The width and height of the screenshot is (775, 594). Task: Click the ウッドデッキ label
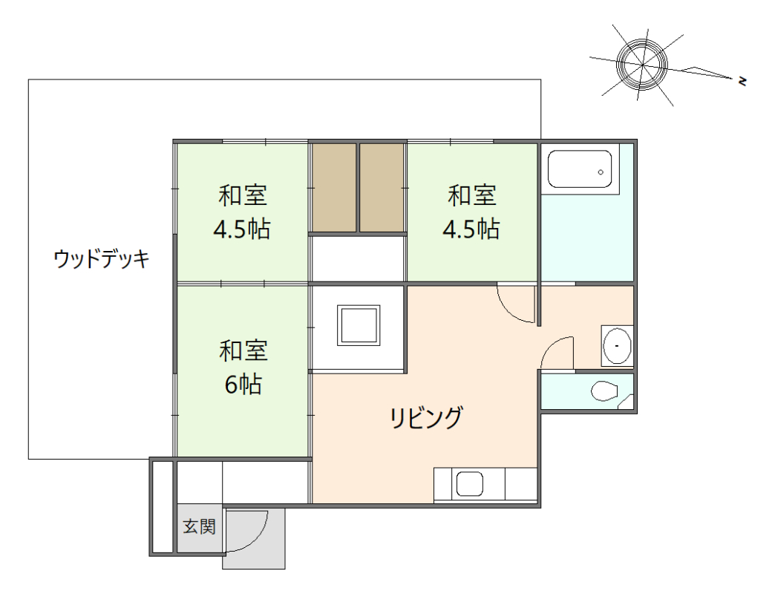(102, 259)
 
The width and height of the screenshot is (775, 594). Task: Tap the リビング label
(426, 419)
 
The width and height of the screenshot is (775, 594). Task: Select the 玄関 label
(199, 527)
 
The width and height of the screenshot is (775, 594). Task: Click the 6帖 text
(243, 384)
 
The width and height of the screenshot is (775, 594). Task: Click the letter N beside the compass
(742, 80)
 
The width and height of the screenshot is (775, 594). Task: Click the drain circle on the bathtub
(601, 172)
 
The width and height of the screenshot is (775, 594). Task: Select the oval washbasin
(617, 345)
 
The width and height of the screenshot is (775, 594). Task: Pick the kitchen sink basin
(469, 485)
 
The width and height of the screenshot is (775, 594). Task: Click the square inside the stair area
(359, 324)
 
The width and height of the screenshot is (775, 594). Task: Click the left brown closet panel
(333, 187)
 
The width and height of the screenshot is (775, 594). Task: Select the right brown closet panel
(382, 187)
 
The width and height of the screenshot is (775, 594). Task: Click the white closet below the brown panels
(357, 258)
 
